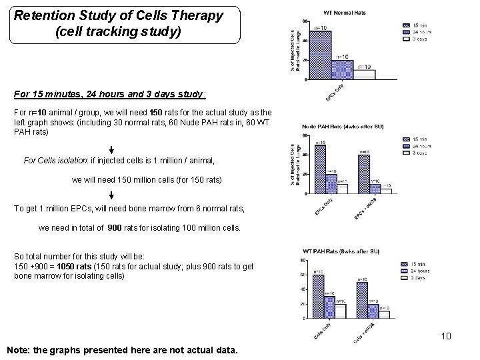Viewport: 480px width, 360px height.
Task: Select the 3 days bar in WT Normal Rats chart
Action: point(363,74)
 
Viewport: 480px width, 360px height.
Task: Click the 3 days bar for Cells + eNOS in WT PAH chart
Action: point(384,315)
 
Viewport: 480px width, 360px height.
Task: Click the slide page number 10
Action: point(445,336)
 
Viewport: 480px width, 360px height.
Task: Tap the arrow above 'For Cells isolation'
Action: point(111,149)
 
